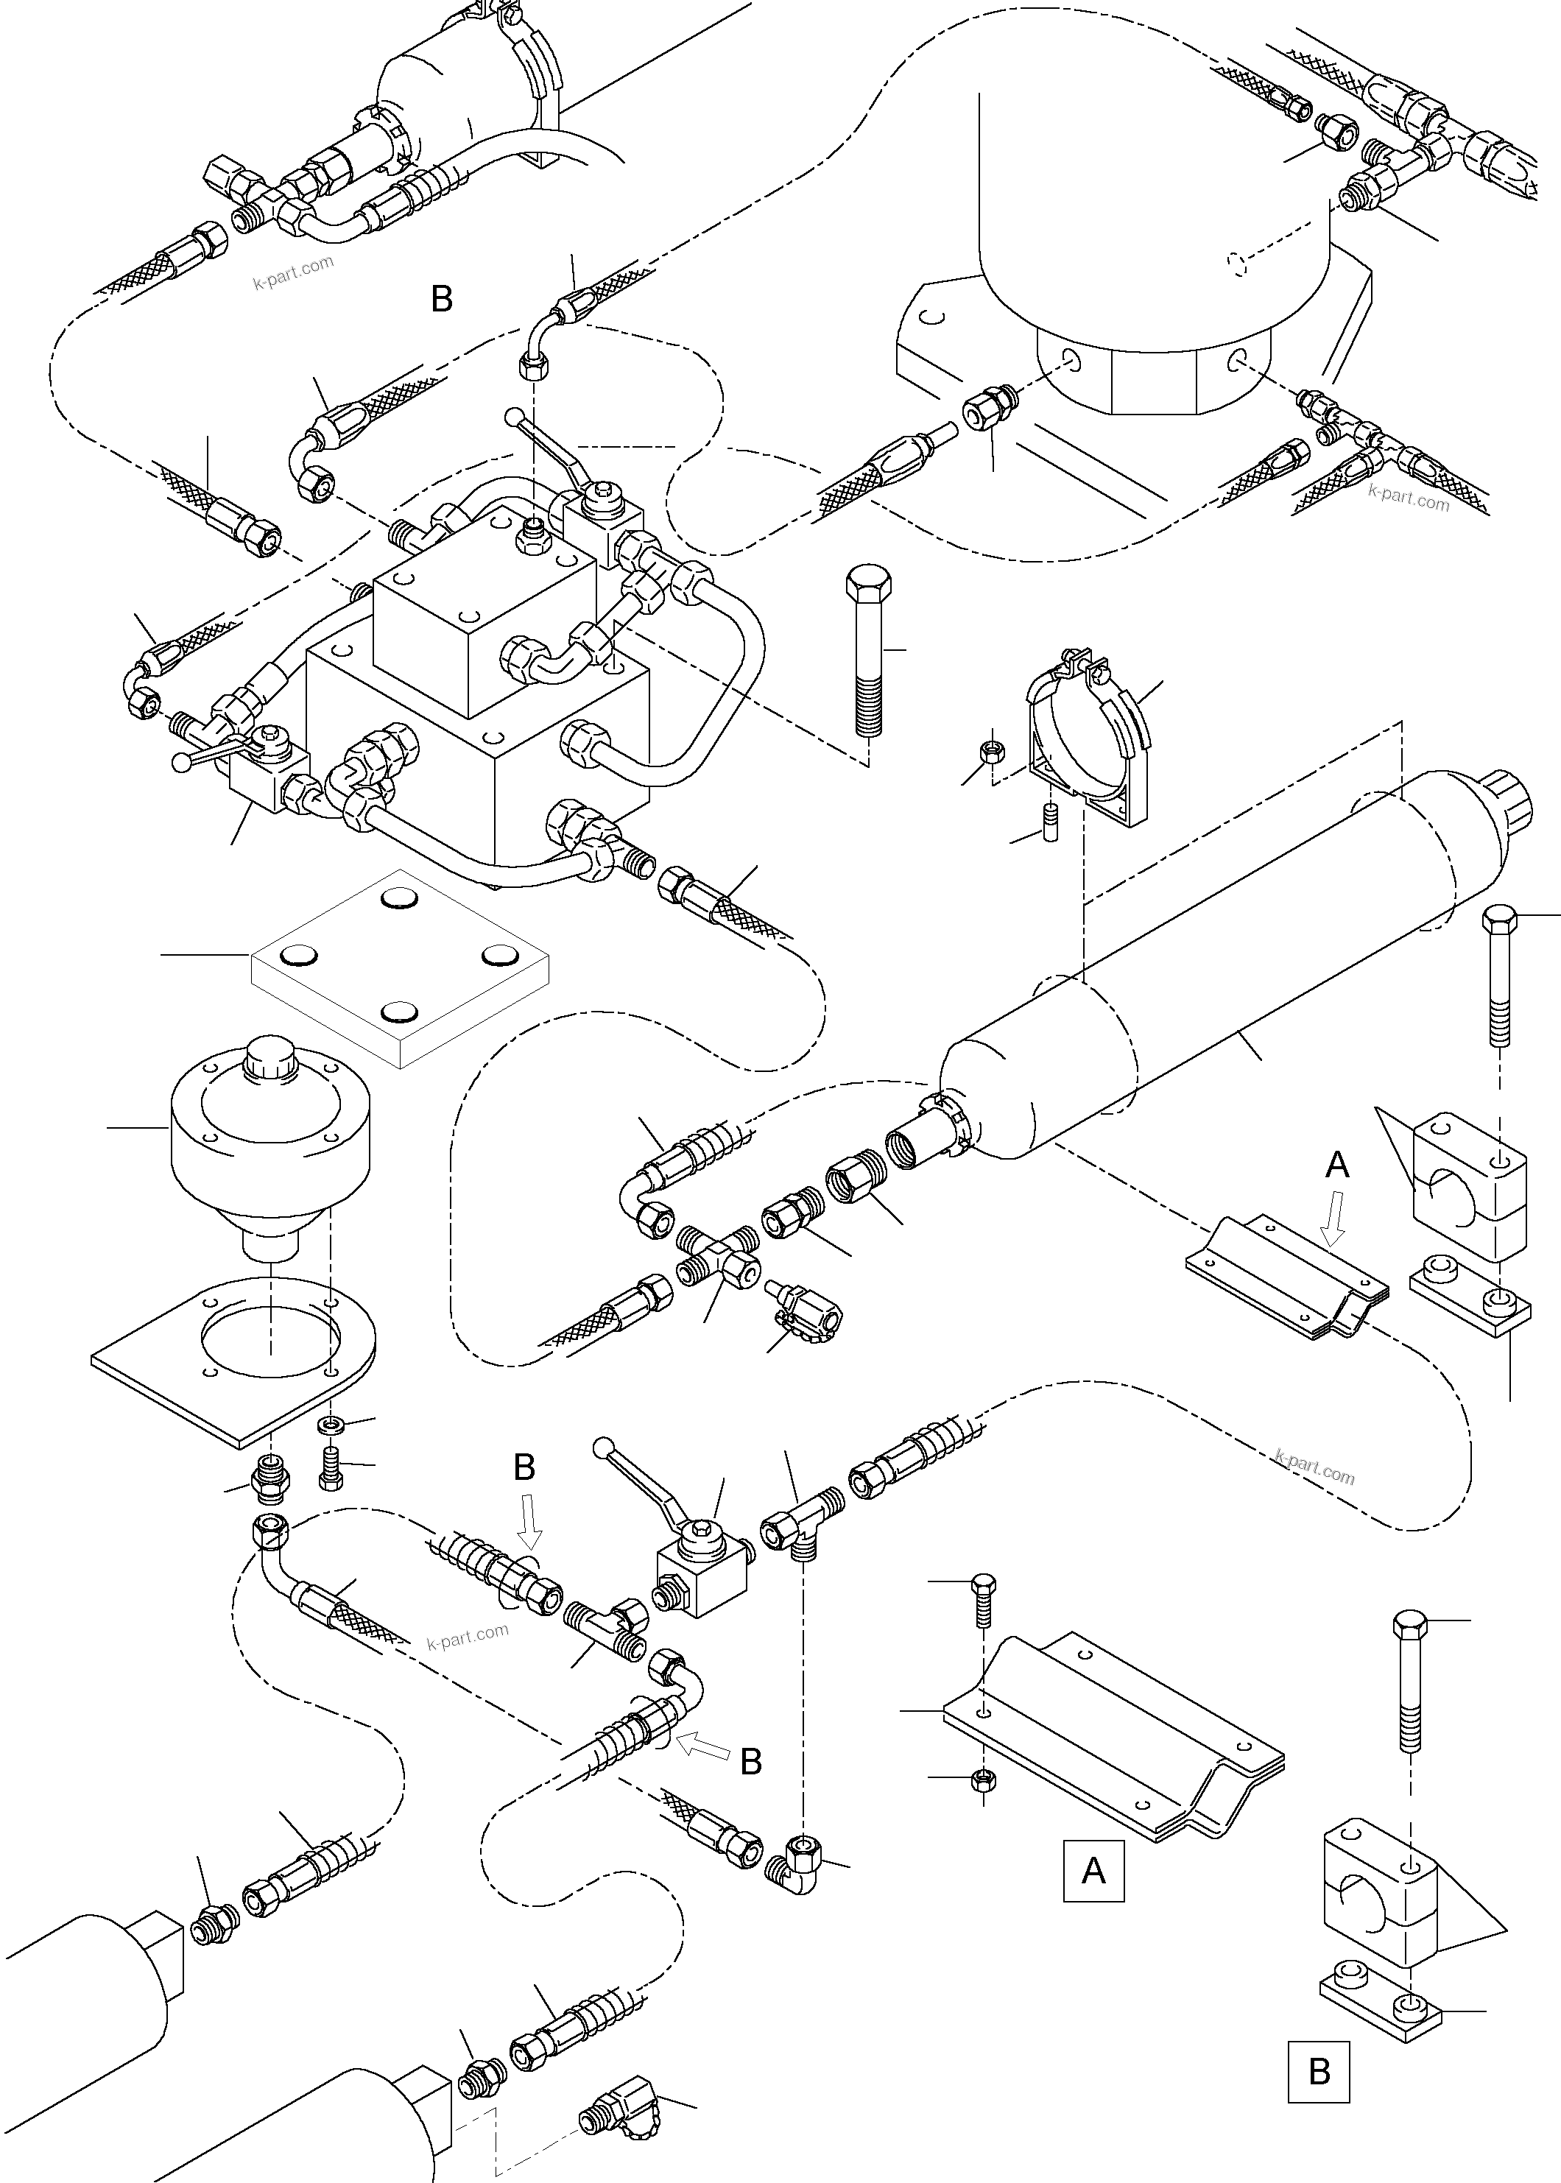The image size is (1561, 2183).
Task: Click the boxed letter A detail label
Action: click(1093, 1870)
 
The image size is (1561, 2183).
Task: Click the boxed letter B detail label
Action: click(1319, 2070)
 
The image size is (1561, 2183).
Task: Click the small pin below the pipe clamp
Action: click(1050, 822)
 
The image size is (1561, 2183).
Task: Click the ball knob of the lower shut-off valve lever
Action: click(605, 1445)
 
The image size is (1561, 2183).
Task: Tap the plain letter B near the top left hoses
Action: click(441, 300)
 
